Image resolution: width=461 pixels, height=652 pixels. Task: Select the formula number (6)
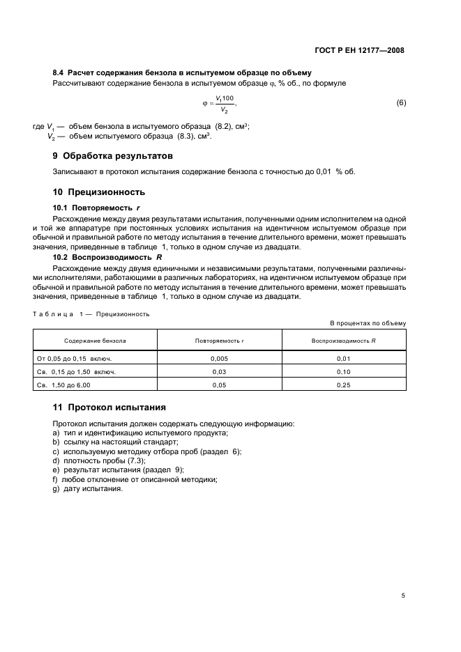(x=400, y=103)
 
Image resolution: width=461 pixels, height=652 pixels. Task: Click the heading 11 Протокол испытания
(x=109, y=407)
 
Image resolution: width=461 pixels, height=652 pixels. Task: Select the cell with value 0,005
(x=219, y=359)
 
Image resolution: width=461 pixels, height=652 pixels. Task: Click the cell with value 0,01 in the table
(x=343, y=359)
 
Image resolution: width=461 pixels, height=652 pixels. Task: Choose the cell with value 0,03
(x=219, y=372)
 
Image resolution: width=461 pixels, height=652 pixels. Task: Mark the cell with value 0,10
(x=343, y=372)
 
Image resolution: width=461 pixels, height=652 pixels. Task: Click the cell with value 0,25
(x=343, y=385)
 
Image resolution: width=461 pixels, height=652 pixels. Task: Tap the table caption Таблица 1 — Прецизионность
(x=91, y=313)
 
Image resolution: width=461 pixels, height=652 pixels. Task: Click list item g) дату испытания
(x=87, y=488)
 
